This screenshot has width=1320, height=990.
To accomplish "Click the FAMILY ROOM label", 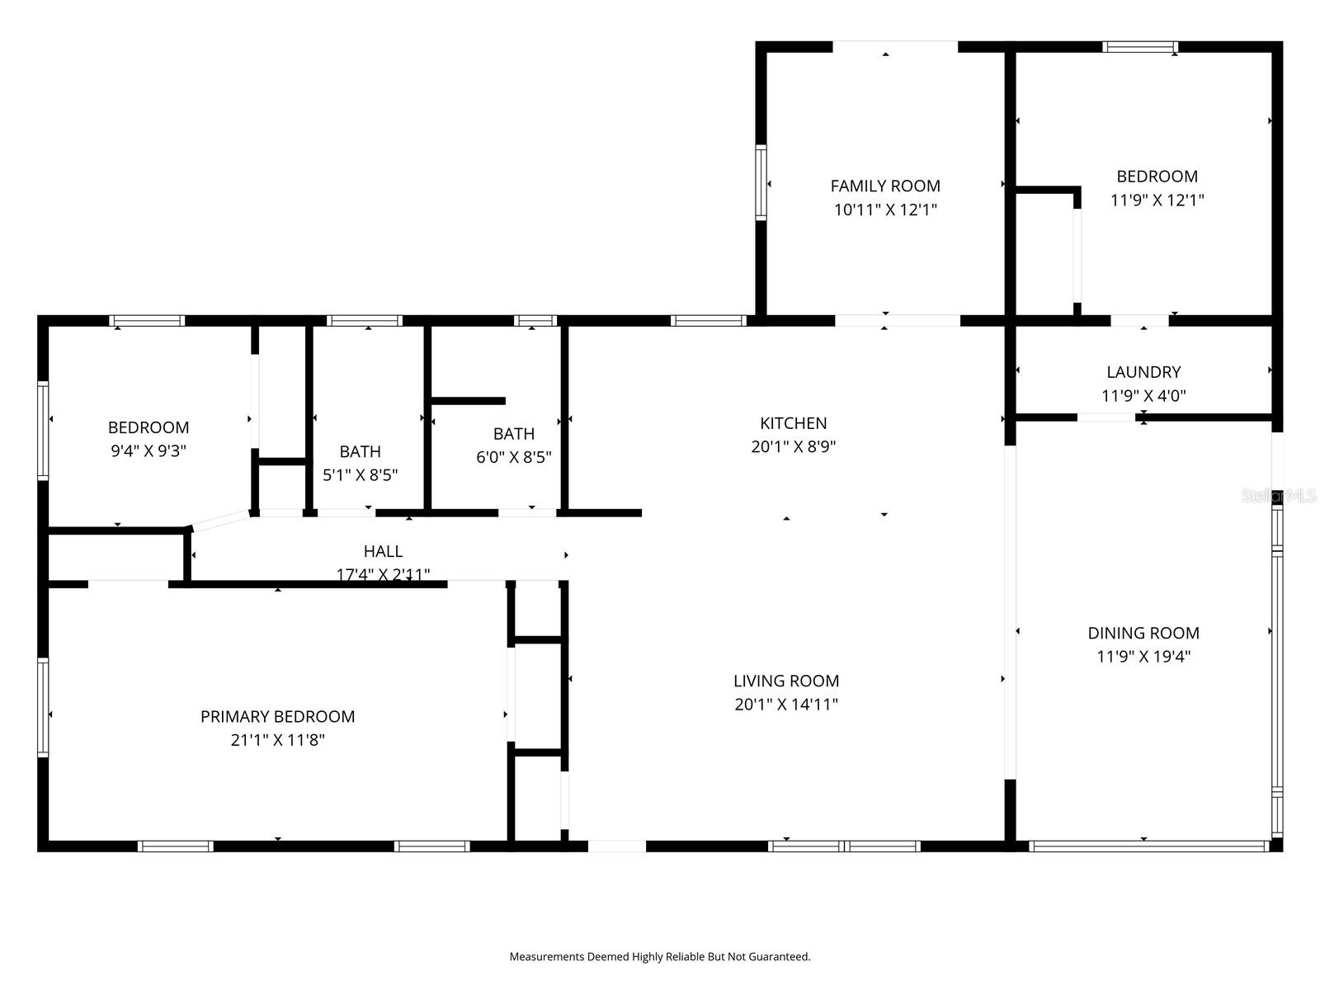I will click(x=885, y=186).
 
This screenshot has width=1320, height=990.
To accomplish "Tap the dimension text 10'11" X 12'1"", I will click(x=885, y=210).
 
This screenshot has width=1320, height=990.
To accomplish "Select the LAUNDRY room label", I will click(x=1143, y=372).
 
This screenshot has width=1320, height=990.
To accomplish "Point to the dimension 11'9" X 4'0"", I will click(x=1143, y=396).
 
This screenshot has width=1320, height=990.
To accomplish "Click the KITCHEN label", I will click(x=793, y=423).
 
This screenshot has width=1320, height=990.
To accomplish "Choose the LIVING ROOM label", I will click(x=785, y=681).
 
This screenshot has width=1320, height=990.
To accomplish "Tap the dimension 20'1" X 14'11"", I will click(x=785, y=705).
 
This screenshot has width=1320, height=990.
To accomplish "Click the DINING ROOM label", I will click(x=1143, y=634).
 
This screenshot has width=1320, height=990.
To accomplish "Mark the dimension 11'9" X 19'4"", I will click(x=1143, y=657).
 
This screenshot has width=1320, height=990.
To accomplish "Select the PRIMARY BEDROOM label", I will click(x=277, y=717).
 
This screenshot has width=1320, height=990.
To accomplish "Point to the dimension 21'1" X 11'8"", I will click(x=277, y=740).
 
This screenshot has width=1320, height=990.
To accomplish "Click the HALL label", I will click(x=383, y=551).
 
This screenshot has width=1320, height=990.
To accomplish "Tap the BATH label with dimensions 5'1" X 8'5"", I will click(x=360, y=451).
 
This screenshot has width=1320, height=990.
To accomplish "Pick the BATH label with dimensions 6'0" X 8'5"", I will click(x=513, y=434).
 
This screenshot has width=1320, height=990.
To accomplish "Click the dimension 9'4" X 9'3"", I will click(x=148, y=451).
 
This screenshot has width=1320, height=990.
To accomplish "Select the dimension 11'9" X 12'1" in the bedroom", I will click(x=1157, y=200).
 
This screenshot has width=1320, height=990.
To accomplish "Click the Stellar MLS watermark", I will click(x=1278, y=496).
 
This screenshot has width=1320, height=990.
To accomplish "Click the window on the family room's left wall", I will click(x=761, y=182).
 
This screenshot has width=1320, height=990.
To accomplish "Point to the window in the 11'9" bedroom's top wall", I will click(x=1140, y=47).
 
